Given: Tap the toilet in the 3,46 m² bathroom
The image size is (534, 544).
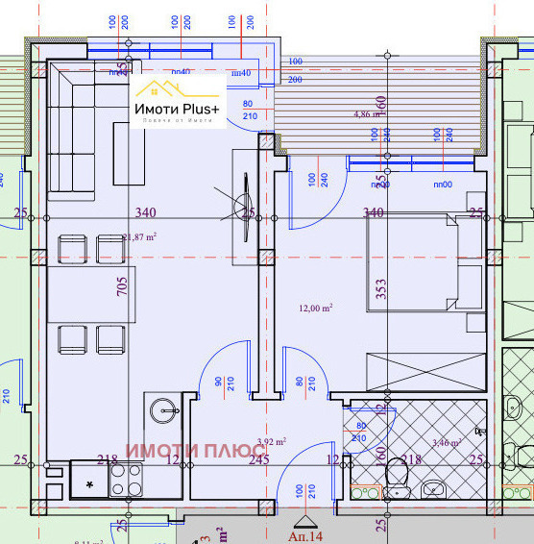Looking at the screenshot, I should pyautogui.click(x=395, y=475).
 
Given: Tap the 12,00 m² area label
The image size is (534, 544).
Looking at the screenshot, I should pyautogui.click(x=316, y=308).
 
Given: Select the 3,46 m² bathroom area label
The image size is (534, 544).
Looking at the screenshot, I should pyautogui.click(x=448, y=443).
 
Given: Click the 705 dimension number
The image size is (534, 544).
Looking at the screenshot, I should pyautogui.click(x=122, y=288).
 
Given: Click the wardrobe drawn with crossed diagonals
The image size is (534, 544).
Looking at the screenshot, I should pyautogui.click(x=425, y=371).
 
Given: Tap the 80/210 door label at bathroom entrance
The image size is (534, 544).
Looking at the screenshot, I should pyautogui.click(x=360, y=432).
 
